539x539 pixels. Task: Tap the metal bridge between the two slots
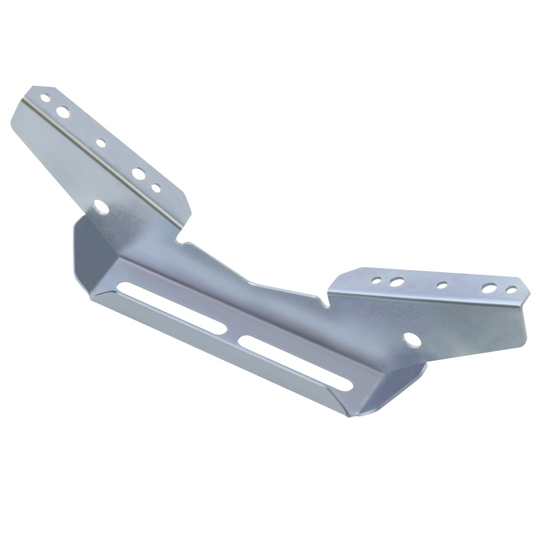232,335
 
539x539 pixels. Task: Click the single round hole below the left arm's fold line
100,205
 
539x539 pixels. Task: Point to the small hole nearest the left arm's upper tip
45,98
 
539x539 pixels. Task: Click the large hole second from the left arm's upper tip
63,112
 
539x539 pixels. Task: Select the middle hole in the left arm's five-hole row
101,143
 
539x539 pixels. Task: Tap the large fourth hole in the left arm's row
138,174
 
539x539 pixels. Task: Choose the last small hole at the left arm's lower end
156,188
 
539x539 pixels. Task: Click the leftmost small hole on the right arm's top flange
377,280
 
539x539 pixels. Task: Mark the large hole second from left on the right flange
397,281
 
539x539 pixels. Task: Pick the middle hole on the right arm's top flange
442,285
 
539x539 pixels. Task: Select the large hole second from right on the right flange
489,288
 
